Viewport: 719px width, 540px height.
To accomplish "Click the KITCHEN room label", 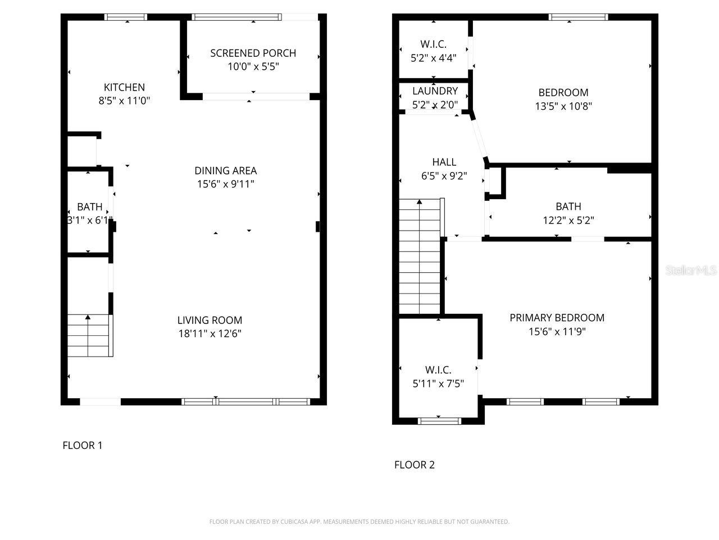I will (124, 87).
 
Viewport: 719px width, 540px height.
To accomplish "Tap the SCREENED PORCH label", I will (253, 53).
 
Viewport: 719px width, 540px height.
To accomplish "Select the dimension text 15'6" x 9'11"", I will (225, 184).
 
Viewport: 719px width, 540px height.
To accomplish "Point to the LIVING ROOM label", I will (210, 320).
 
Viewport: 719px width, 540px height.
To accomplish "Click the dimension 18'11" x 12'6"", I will (210, 334).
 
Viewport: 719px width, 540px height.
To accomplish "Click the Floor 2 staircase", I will (420, 256).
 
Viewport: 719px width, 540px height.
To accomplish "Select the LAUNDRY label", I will (435, 91).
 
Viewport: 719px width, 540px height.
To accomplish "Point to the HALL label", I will (444, 162).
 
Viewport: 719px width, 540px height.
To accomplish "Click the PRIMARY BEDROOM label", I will (557, 318).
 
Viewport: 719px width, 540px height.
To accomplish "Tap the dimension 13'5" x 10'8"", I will (563, 106).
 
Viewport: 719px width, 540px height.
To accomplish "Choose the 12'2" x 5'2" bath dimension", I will (568, 220).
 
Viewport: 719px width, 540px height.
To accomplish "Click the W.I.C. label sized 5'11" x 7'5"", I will (438, 370).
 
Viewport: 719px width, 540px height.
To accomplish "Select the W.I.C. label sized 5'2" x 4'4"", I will (433, 44).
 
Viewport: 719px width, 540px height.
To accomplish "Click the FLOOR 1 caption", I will (82, 445).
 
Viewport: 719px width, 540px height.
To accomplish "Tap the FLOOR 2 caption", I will (414, 465).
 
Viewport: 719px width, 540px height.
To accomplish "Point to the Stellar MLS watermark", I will (691, 271).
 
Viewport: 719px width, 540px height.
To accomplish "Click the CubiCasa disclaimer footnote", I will (359, 522).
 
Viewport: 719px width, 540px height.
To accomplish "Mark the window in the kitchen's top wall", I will (126, 17).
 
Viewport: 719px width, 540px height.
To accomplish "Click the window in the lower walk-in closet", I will (439, 420).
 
